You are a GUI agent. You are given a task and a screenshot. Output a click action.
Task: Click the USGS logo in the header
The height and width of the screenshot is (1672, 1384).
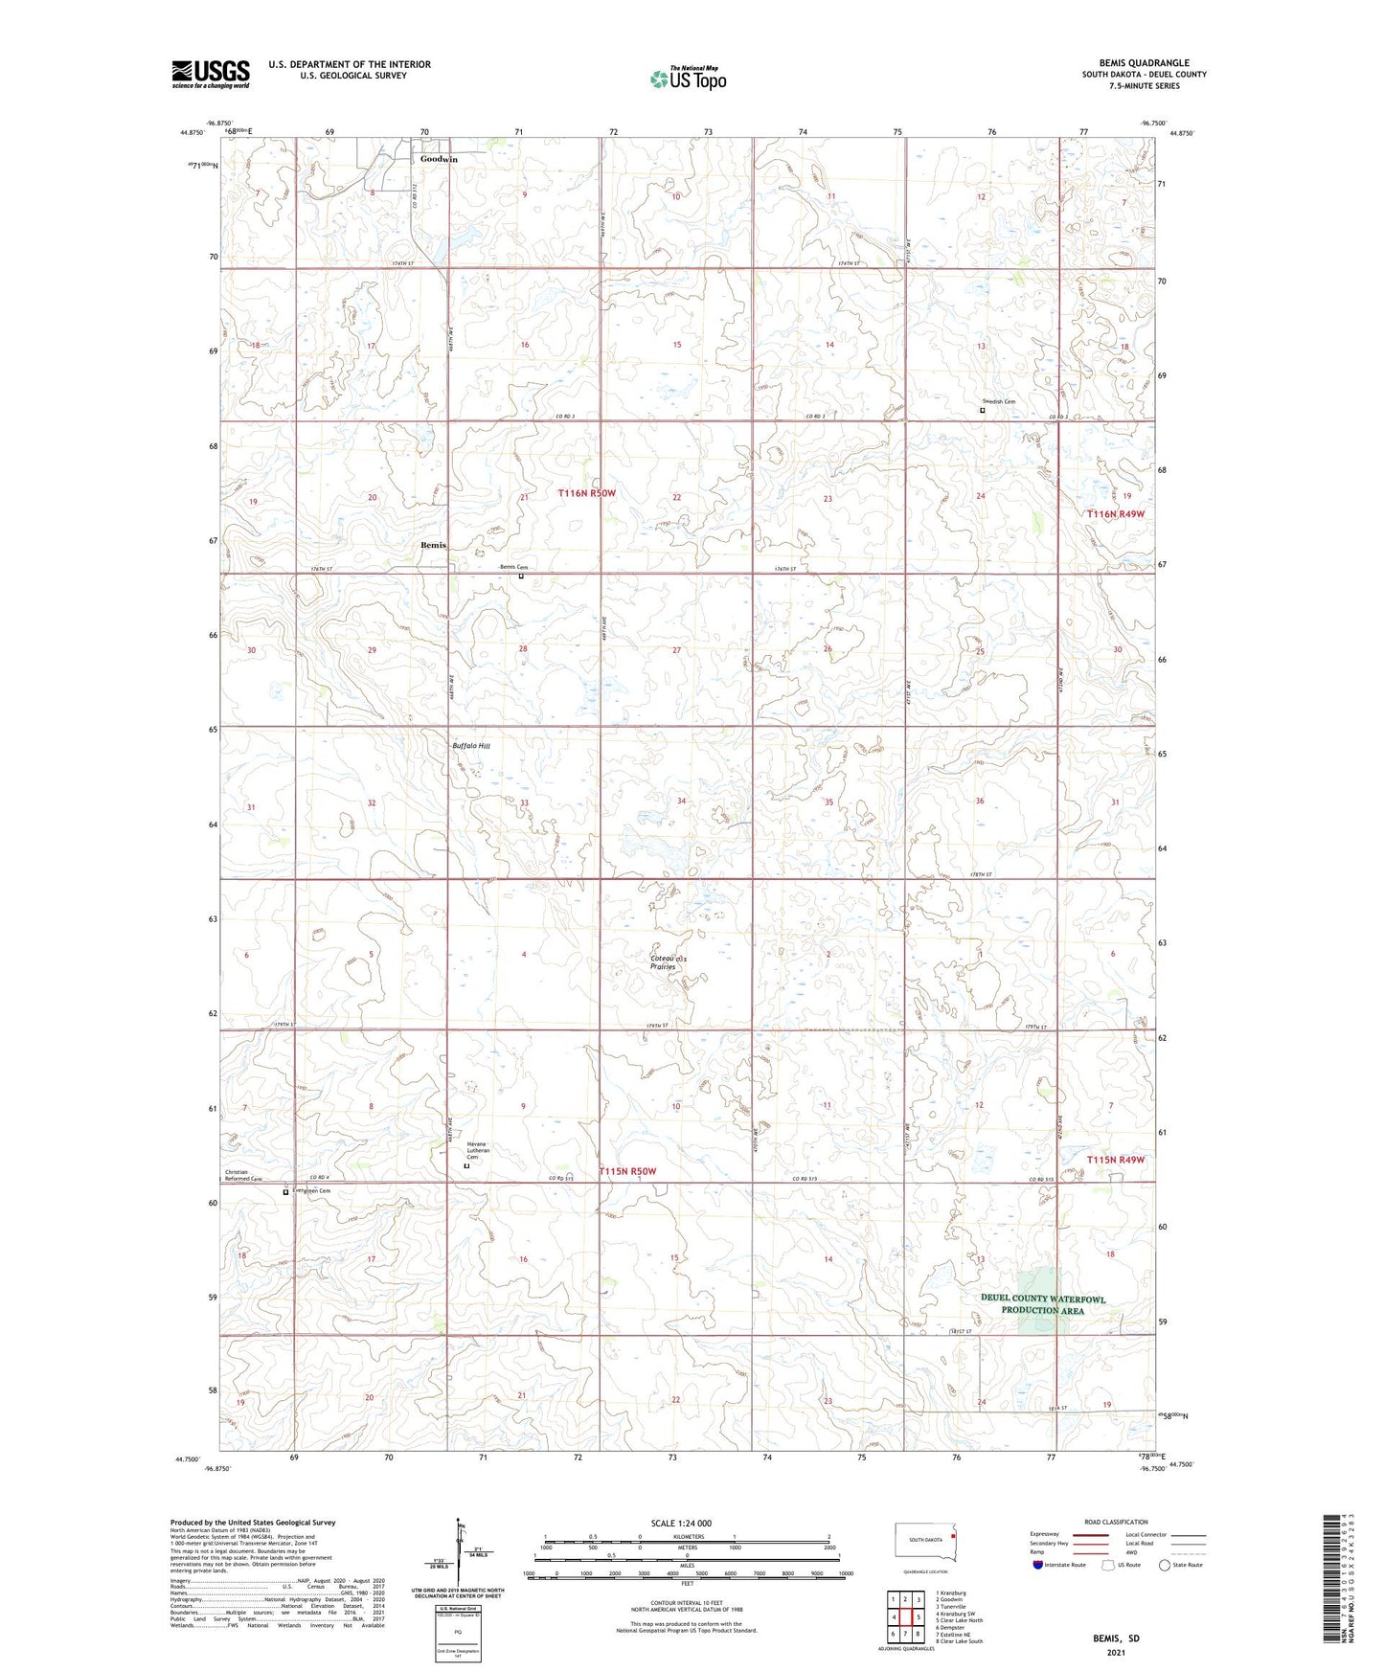(211, 74)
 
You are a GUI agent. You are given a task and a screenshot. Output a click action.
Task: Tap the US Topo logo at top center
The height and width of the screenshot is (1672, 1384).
(688, 79)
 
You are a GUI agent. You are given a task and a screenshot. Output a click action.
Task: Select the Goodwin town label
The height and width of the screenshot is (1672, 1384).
(439, 159)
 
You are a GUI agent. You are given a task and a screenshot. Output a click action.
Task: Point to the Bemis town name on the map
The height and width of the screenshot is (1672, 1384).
(433, 545)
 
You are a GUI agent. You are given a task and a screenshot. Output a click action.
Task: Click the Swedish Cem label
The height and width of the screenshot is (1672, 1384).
(998, 401)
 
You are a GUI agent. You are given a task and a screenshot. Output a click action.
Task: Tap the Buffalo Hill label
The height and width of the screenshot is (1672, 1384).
(471, 745)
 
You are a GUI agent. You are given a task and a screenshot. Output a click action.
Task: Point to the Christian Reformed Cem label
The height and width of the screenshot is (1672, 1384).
(243, 1175)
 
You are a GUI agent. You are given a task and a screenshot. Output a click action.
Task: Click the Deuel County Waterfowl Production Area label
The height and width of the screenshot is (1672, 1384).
(1043, 1304)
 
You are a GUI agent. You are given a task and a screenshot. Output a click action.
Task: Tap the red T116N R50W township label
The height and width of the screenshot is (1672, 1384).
(587, 493)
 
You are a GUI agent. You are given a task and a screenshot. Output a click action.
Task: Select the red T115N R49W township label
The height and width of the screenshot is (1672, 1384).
(1115, 1160)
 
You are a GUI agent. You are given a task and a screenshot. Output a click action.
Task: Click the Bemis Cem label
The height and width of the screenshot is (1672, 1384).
(513, 567)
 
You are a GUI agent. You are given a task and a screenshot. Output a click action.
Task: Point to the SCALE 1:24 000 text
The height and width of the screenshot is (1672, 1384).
(681, 1524)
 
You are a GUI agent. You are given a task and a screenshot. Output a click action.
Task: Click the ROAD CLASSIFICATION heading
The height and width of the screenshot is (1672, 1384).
(1116, 1522)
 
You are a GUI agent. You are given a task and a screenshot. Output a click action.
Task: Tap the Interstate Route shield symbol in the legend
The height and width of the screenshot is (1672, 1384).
(1038, 1565)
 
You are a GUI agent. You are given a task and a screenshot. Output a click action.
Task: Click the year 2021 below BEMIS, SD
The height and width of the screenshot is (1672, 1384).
(1116, 1652)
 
